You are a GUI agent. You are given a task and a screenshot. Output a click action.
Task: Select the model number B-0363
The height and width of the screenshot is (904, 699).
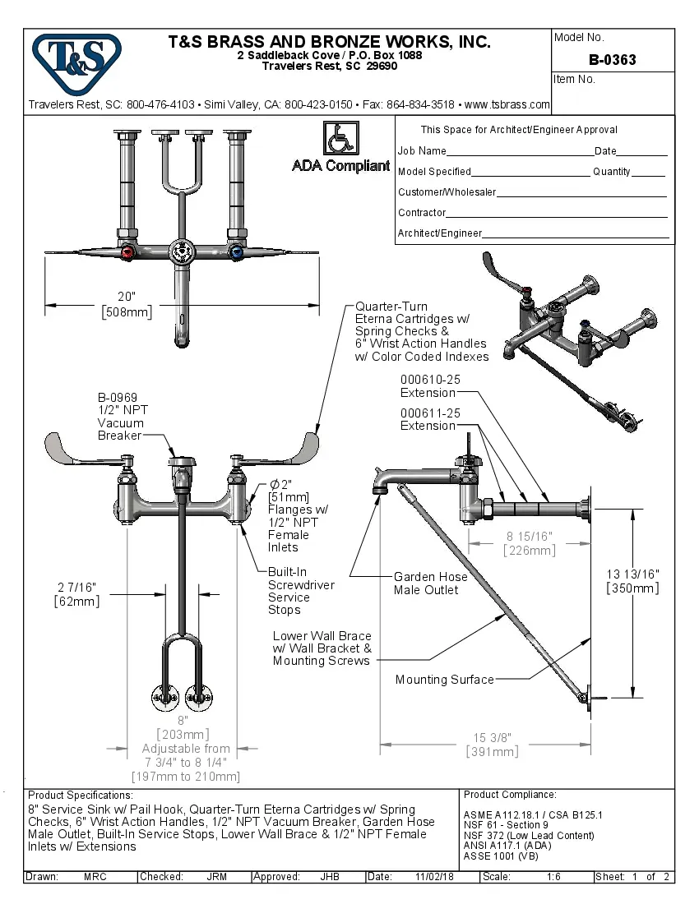click(612, 60)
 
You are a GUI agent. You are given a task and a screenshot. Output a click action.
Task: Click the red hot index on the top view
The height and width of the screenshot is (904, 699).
click(127, 251)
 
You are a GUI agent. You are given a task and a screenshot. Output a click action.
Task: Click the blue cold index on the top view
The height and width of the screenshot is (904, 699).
click(237, 251)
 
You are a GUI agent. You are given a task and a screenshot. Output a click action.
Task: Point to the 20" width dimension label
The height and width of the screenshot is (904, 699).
click(126, 297)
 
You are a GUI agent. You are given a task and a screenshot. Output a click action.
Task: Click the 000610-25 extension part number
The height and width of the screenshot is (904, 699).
click(430, 381)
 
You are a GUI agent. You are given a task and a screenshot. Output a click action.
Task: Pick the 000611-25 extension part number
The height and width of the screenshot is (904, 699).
click(430, 413)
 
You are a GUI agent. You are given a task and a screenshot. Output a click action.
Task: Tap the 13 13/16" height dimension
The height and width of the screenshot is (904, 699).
click(632, 574)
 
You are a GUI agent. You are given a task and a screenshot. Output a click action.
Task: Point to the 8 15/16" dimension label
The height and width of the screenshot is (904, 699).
click(529, 537)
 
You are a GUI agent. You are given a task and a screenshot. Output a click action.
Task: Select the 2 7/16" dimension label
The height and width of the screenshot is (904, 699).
click(77, 588)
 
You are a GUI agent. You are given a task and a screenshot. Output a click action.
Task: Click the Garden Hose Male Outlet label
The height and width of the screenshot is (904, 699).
click(430, 583)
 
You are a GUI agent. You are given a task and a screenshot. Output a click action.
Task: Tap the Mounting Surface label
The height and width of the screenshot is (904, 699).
click(444, 680)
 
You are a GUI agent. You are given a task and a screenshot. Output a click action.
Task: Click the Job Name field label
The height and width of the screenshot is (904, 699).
click(422, 151)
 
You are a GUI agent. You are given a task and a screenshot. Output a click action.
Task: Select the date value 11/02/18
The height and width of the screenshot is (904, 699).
click(437, 877)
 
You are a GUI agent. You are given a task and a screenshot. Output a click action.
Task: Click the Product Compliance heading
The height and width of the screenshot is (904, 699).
click(510, 795)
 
